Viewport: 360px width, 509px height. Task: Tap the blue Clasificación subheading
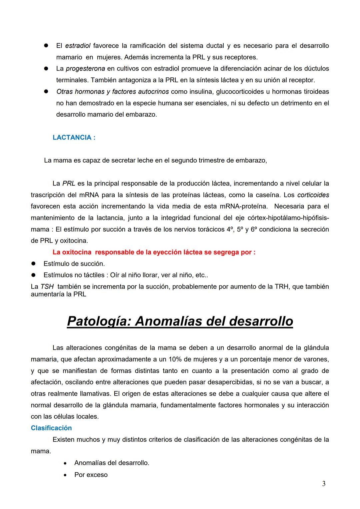51,428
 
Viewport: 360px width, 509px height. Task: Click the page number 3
324,484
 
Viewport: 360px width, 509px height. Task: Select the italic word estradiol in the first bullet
78,46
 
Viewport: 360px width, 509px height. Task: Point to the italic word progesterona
85,69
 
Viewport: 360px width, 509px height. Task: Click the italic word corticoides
313,195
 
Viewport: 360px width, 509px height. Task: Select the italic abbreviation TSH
47,287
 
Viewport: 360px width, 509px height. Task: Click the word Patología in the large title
99,321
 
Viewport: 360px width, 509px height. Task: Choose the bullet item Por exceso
91,475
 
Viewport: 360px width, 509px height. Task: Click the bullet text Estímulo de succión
74,264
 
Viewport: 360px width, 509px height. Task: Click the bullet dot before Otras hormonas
46,91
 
